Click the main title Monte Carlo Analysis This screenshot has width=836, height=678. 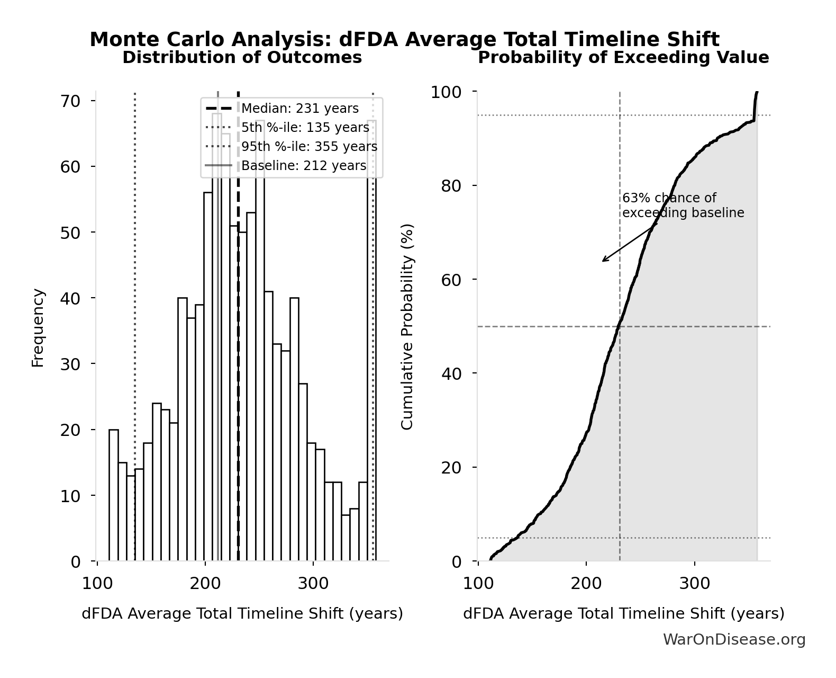click(x=404, y=40)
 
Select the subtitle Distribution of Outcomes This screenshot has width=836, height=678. click(x=242, y=57)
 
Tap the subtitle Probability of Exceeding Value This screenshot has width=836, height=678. click(x=623, y=57)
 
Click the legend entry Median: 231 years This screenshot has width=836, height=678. click(x=299, y=109)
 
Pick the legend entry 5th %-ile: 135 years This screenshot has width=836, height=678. click(x=305, y=128)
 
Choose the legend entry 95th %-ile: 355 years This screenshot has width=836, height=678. click(x=309, y=147)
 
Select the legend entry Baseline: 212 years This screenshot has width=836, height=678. click(x=303, y=166)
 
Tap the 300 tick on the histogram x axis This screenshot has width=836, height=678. click(x=313, y=584)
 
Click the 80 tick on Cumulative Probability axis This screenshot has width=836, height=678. click(x=451, y=185)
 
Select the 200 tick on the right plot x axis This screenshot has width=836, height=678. click(x=586, y=584)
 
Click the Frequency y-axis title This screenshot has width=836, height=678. click(x=38, y=327)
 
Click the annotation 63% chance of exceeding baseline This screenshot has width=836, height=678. click(x=683, y=206)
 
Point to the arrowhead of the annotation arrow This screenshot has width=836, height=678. click(x=603, y=261)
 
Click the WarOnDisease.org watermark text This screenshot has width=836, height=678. click(x=734, y=640)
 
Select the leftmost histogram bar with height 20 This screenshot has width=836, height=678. click(x=114, y=495)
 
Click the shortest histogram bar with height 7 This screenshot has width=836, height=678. click(x=346, y=538)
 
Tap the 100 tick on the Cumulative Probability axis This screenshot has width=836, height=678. click(x=446, y=92)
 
